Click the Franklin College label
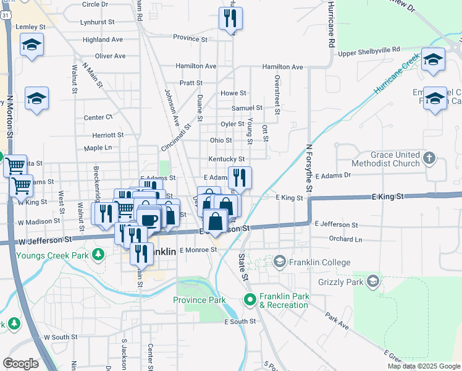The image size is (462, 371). pos(319,262)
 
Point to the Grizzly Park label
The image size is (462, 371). pos(337,283)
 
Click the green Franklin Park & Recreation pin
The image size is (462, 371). pos(250,301)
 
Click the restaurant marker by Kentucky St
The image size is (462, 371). pos(240,177)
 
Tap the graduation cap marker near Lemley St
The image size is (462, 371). pos(31,45)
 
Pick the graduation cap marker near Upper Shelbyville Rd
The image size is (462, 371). pos(433,59)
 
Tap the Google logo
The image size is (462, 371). pos(20,364)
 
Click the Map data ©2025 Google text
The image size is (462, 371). pos(424,366)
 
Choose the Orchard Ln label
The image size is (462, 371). pos(345,239)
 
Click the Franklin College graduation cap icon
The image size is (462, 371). pos(280,262)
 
